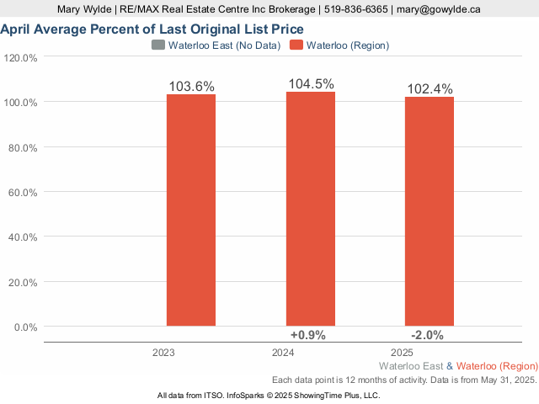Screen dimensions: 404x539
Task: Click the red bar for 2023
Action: click(190, 210)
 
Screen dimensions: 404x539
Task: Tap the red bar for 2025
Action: click(430, 211)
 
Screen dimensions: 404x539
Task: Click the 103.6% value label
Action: click(192, 87)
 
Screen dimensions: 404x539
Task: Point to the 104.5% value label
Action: click(311, 84)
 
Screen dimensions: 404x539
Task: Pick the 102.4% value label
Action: click(430, 89)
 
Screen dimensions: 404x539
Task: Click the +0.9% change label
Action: click(307, 334)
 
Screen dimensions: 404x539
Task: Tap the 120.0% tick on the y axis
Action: click(21, 58)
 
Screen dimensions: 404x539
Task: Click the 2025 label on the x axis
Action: click(402, 352)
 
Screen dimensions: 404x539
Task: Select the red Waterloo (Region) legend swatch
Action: click(296, 45)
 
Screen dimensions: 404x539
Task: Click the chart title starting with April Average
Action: click(152, 29)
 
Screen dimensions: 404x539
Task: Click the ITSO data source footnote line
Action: click(269, 395)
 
